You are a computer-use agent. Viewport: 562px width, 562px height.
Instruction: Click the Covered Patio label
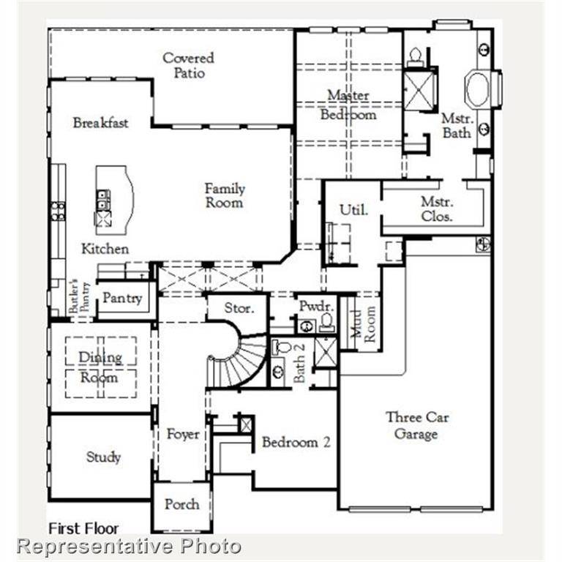pyautogui.click(x=188, y=65)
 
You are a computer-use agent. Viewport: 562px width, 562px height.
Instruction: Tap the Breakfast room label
pyautogui.click(x=100, y=123)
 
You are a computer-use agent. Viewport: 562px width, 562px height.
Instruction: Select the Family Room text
pyautogui.click(x=224, y=195)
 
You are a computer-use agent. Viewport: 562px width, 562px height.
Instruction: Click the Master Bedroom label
pyautogui.click(x=348, y=105)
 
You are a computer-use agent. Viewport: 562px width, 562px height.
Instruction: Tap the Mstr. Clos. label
pyautogui.click(x=437, y=209)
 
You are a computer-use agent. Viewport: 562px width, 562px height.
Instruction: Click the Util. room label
pyautogui.click(x=353, y=210)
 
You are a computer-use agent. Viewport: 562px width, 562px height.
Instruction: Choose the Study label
pyautogui.click(x=103, y=457)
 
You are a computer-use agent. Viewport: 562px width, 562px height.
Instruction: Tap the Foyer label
pyautogui.click(x=183, y=435)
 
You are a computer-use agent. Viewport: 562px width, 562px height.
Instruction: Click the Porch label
pyautogui.click(x=181, y=504)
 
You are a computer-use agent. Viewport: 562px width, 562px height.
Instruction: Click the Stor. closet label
pyautogui.click(x=239, y=308)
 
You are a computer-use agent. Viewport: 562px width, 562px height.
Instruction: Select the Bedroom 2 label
pyautogui.click(x=296, y=442)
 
